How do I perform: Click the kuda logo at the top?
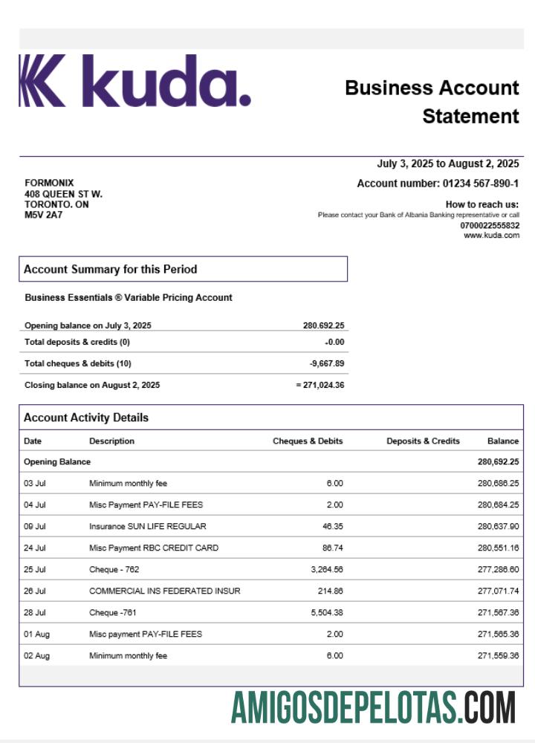point(134,81)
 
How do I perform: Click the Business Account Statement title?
point(432,102)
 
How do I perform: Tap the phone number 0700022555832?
point(490,225)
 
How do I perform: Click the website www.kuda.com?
point(491,236)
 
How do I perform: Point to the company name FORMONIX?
point(49,183)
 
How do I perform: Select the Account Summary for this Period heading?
point(110,269)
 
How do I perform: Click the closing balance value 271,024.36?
point(322,385)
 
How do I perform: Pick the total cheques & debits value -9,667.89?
point(327,363)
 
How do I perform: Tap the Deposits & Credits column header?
point(423,441)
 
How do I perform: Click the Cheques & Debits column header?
point(308,441)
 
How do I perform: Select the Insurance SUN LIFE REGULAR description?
point(147,526)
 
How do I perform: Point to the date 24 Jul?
point(35,548)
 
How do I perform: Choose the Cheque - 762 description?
point(114,569)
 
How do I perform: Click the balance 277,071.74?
point(498,591)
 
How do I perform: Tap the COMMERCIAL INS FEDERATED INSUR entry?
point(164,591)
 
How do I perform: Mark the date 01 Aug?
point(36,634)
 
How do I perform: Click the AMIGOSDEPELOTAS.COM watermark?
point(373,707)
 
